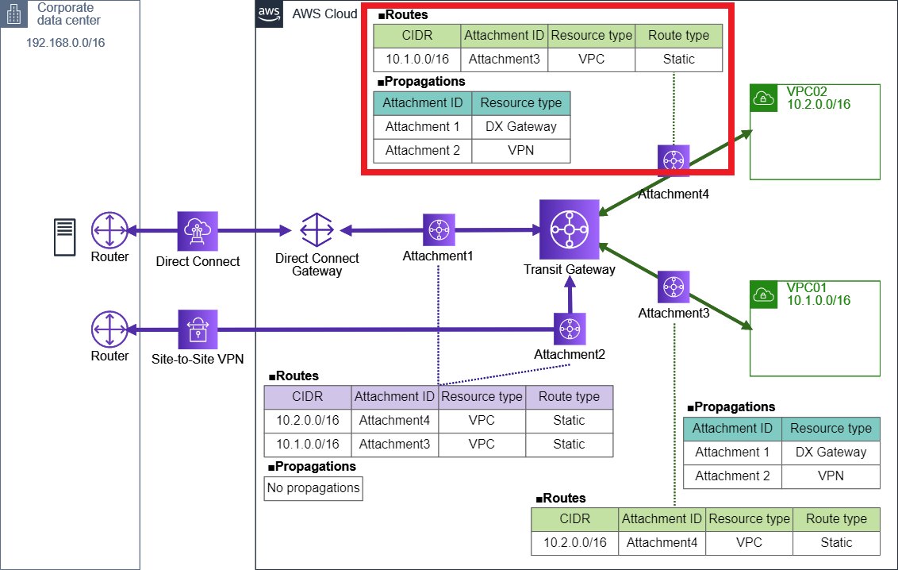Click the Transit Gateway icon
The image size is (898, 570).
coord(569,229)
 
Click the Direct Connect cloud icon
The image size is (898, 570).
coord(197,231)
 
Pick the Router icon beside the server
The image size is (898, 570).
coord(109,231)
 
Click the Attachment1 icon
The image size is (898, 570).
coord(438,230)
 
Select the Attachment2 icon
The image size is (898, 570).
coord(569,329)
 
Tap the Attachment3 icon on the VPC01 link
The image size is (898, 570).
coord(673,287)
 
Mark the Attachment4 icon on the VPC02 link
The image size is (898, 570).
coord(673,160)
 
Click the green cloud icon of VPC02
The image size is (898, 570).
coord(763,98)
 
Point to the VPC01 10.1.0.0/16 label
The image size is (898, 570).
coord(818,294)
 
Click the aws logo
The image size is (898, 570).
coord(269,14)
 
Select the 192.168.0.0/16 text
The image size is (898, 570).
coord(66,42)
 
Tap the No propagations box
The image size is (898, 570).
coord(313,488)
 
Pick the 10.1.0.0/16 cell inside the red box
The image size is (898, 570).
coord(416,59)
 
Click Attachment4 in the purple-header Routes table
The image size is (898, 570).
coord(393,421)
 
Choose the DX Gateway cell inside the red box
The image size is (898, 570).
coord(520,126)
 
